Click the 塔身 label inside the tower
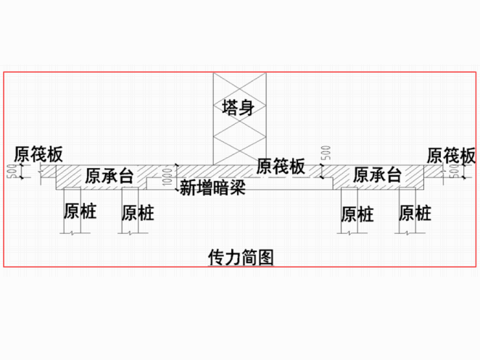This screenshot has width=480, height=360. pos(237,109)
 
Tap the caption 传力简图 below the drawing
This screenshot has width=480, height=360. pos(240,256)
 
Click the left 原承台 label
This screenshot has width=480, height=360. pos(109,175)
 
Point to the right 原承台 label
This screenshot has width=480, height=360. pos(377,175)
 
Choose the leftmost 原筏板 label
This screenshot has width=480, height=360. pos(38,154)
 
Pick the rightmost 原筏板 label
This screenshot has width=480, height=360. pos(451,155)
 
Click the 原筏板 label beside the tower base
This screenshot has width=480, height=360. pos(281,167)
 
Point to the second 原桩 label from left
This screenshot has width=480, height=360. pos(138,213)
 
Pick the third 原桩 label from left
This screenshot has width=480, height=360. pos(357,213)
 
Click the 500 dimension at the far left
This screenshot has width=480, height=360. pos(12,172)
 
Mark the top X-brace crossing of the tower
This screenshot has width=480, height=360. pos(237,82)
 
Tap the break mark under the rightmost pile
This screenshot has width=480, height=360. pos(407,234)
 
